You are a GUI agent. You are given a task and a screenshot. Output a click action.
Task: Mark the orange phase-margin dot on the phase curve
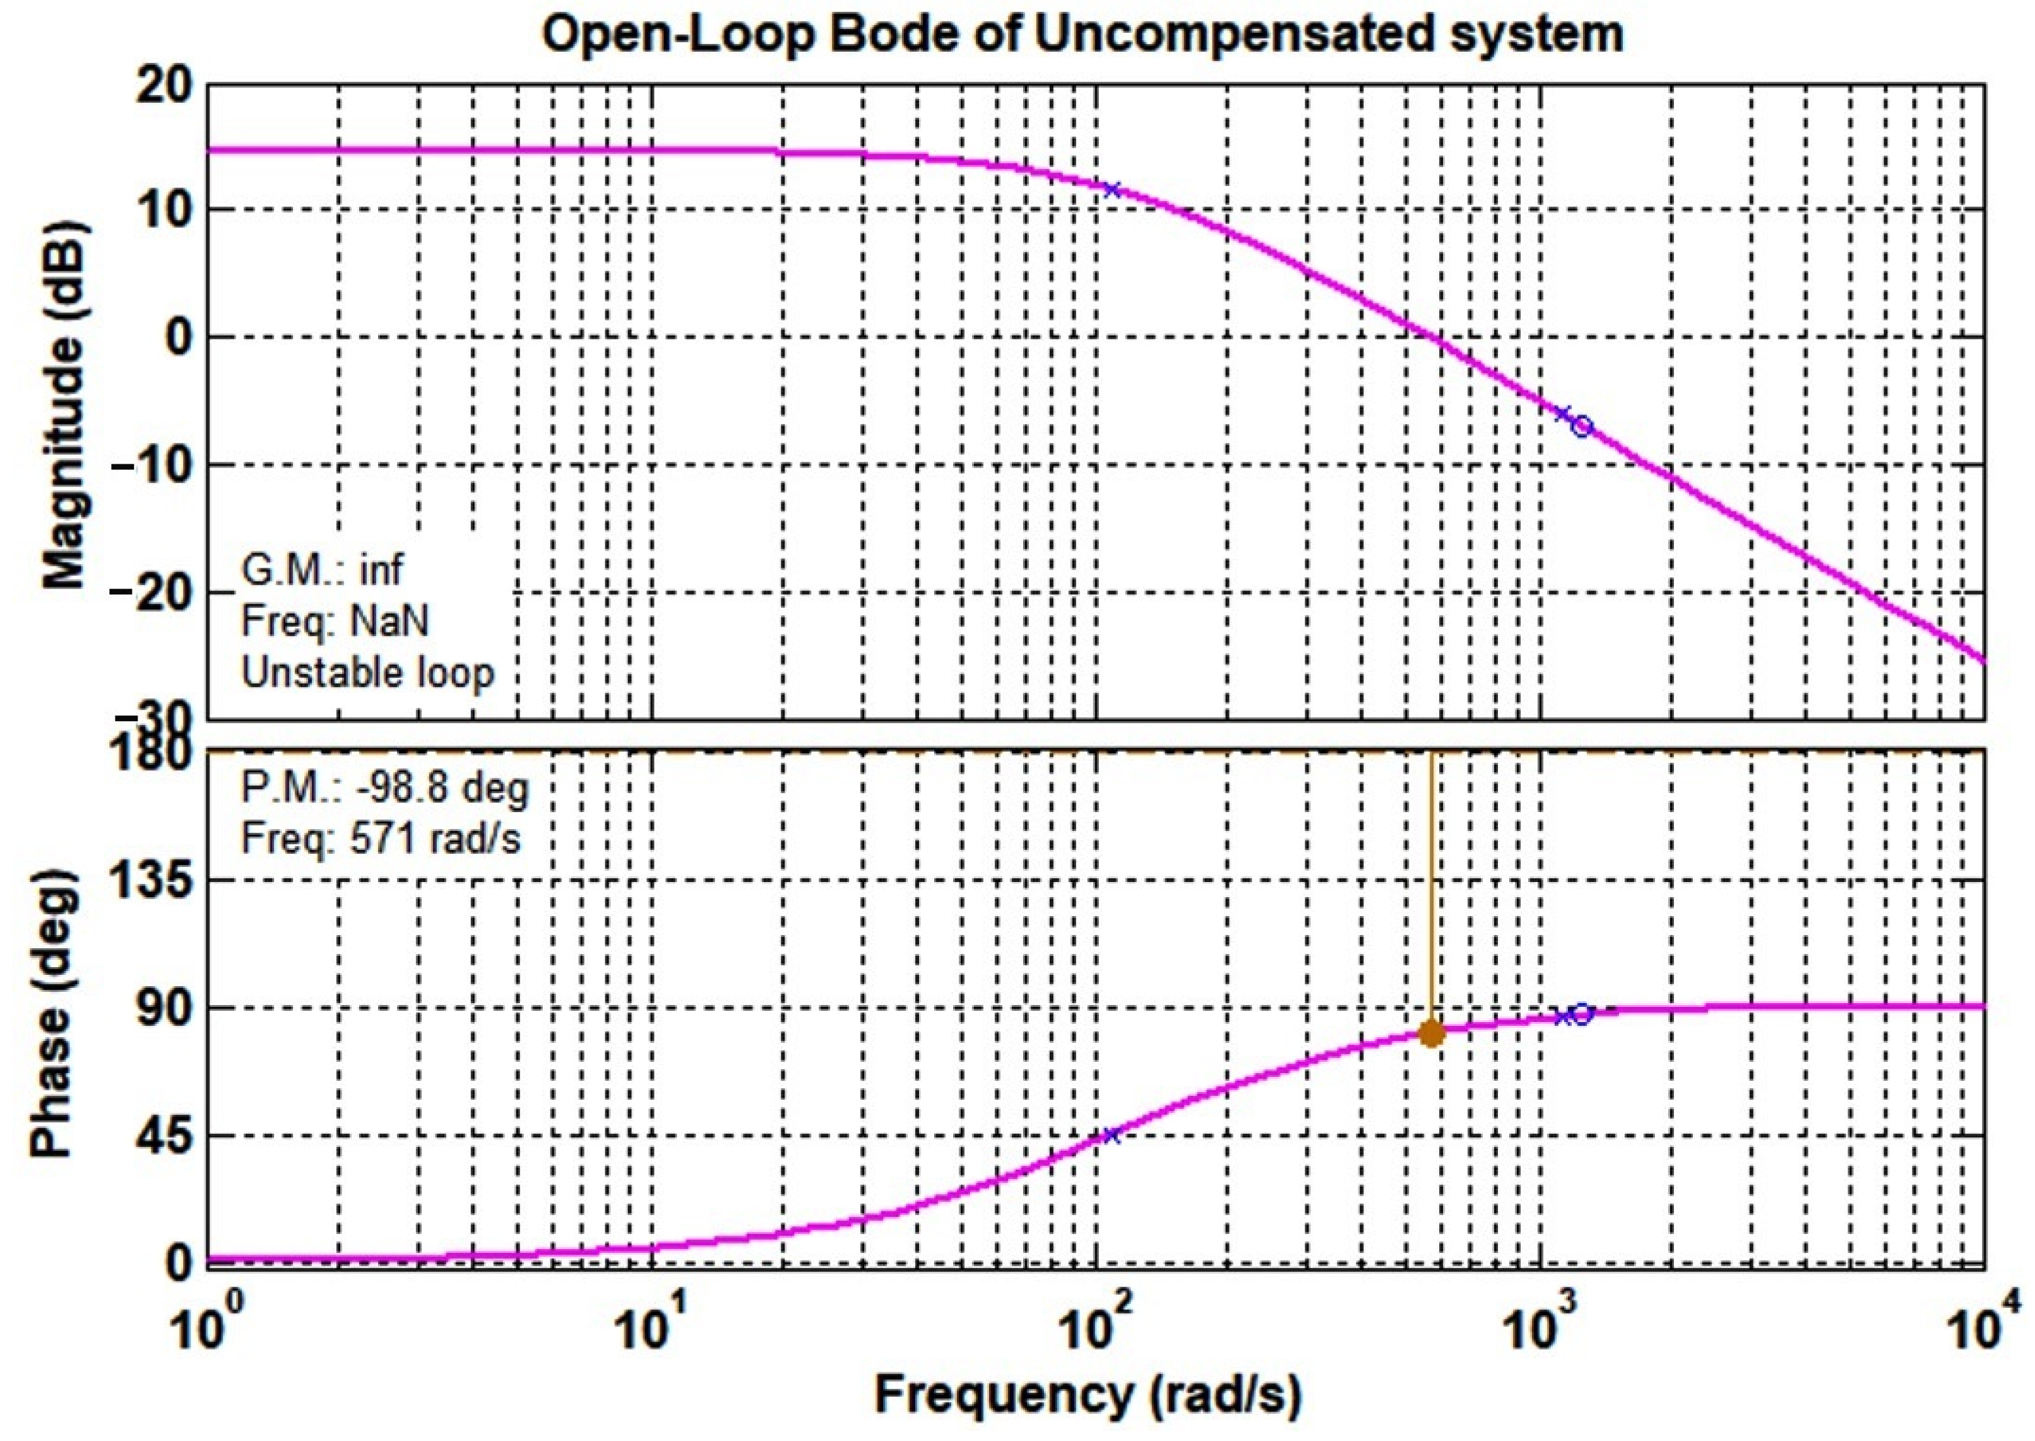pyautogui.click(x=1432, y=1033)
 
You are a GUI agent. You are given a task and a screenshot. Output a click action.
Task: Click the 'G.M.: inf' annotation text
pyautogui.click(x=321, y=570)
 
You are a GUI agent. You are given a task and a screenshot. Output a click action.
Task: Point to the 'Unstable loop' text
pyautogui.click(x=367, y=673)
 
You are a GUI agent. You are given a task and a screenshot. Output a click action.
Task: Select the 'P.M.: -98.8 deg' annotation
pyautogui.click(x=384, y=787)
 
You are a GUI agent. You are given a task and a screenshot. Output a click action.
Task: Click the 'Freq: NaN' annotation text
pyautogui.click(x=335, y=621)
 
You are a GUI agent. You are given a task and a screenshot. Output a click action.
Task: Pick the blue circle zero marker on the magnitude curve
pyautogui.click(x=1582, y=426)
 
